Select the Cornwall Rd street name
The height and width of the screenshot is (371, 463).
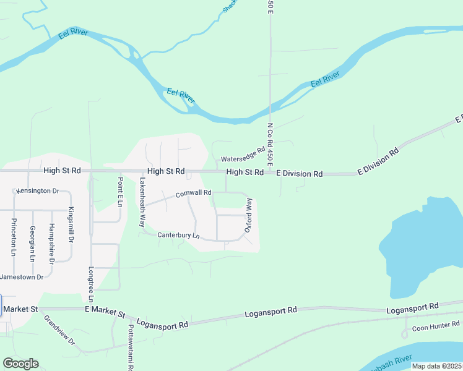[193, 194]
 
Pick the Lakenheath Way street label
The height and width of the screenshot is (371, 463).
[142, 203]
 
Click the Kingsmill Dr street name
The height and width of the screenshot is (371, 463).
[71, 224]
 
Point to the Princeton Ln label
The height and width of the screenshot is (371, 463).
[13, 236]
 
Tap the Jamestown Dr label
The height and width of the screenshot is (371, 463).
[22, 277]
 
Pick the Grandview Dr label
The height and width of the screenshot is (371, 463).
[59, 331]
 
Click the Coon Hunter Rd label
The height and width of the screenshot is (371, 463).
[436, 325]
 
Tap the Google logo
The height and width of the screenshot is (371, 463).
[20, 364]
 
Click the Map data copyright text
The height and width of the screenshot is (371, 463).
[436, 366]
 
